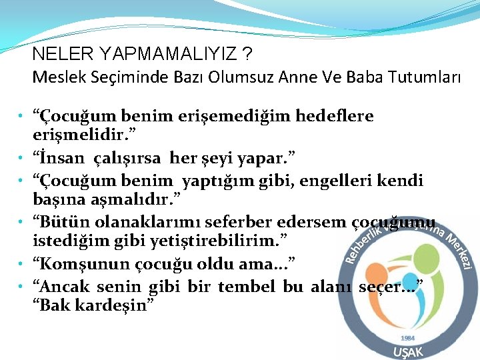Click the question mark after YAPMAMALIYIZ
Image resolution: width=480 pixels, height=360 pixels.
pyautogui.click(x=248, y=53)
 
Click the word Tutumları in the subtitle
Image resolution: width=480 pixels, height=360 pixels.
pyautogui.click(x=422, y=77)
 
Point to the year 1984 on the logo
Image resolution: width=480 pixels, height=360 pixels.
pyautogui.click(x=408, y=338)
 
